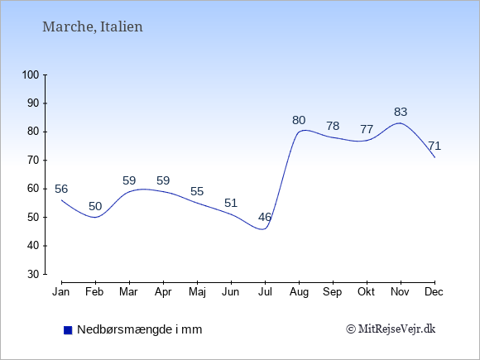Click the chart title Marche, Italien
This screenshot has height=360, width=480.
click(93, 26)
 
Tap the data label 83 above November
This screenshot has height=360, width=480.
click(401, 112)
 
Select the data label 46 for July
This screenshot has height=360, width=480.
click(265, 217)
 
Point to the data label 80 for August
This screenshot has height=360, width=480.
click(299, 120)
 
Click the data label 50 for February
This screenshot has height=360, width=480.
click(95, 206)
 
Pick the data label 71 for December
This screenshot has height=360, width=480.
click(434, 146)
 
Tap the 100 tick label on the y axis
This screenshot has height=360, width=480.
click(31, 74)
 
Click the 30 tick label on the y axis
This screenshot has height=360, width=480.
click(33, 274)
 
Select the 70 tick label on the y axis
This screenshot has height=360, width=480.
click(33, 160)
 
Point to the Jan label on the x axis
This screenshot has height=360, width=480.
click(61, 292)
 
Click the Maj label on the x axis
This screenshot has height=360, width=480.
click(197, 292)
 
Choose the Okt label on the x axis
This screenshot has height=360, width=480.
click(366, 292)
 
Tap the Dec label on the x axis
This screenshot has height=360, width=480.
click(434, 292)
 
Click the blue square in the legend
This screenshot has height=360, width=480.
click(68, 330)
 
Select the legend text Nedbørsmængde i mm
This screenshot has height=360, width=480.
click(140, 329)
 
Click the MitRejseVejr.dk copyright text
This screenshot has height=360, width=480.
click(391, 329)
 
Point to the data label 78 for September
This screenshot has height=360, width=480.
click(333, 126)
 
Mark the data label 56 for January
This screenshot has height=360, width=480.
click(61, 189)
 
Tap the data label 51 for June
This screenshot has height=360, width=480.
click(231, 203)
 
